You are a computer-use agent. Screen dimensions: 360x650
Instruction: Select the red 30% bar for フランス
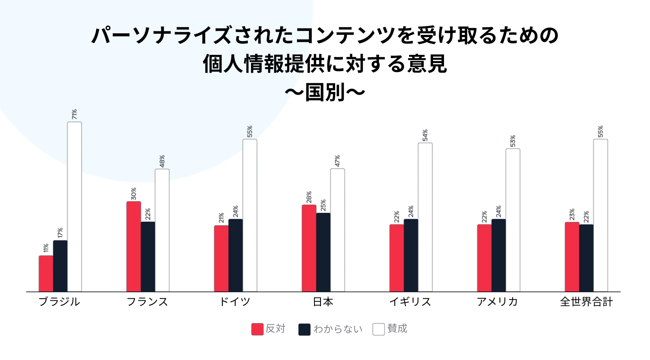pos(134,246)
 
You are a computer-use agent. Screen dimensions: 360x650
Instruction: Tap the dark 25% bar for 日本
pos(323,252)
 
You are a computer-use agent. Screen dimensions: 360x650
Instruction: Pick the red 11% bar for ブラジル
pos(46,273)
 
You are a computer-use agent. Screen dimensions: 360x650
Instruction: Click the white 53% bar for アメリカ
pos(513,220)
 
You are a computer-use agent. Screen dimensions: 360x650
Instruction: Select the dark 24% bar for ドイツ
pos(236,255)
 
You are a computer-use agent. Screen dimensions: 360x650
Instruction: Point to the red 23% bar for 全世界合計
pos(572,257)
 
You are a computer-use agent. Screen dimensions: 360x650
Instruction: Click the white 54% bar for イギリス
pos(425,217)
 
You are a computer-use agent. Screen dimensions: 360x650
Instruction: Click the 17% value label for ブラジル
pos(60,233)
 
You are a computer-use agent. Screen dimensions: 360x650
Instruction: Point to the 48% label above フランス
pos(162,161)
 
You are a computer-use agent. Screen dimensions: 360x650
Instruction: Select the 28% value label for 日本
pos(309,197)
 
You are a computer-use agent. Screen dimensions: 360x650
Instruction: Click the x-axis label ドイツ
pos(235,302)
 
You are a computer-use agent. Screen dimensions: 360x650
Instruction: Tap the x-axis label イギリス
pos(410,302)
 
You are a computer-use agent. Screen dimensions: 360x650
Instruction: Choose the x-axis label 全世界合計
pos(586,302)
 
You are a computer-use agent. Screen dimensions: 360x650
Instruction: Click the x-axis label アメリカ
pos(497,302)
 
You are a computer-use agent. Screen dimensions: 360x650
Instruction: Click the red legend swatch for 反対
pos(257,329)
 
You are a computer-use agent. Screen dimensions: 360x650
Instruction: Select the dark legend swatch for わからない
pos(304,329)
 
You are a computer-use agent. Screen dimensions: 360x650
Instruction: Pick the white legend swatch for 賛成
pos(379,329)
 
